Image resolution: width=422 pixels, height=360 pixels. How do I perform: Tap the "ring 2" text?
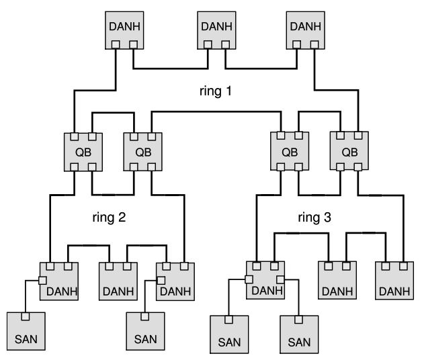(x=110, y=217)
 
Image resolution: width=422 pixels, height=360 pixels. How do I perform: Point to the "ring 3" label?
(x=314, y=217)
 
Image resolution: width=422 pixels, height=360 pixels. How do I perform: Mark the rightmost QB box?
(x=349, y=151)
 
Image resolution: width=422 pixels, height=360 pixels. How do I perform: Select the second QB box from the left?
(x=143, y=151)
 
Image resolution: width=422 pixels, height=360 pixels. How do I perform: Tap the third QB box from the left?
(x=290, y=151)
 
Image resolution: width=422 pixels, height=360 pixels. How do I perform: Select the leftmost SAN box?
(x=26, y=331)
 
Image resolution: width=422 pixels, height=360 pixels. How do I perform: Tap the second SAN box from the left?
(x=144, y=331)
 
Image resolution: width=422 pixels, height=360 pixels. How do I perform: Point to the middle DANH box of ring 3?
(x=336, y=280)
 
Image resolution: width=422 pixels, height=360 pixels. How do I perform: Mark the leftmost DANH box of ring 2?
(x=58, y=280)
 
